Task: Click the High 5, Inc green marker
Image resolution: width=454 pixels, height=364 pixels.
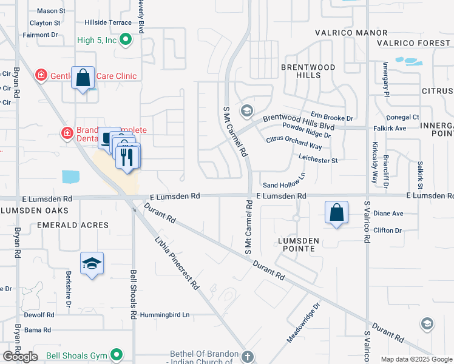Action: click(x=126, y=41)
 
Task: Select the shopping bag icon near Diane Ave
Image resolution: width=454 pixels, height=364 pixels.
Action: click(x=336, y=213)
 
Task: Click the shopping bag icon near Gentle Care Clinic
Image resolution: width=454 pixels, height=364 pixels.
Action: click(x=83, y=78)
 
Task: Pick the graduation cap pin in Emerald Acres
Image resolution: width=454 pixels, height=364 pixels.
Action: click(x=92, y=264)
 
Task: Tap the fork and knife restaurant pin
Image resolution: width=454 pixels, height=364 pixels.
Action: click(x=127, y=157)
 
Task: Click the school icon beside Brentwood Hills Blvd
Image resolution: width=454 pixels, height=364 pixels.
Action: click(x=246, y=110)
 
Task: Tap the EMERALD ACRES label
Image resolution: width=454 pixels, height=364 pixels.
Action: click(x=73, y=225)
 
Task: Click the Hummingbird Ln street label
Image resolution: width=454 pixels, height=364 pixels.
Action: click(x=164, y=315)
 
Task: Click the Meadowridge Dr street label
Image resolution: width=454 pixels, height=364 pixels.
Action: click(x=303, y=328)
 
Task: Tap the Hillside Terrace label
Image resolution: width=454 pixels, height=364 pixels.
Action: click(x=110, y=22)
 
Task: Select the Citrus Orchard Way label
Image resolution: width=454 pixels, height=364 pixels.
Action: click(x=294, y=143)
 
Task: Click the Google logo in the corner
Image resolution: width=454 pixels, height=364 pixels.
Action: click(x=20, y=357)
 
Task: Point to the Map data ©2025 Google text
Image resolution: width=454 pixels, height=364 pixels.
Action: click(x=416, y=359)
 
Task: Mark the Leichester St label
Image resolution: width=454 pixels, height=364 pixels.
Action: click(x=317, y=160)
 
